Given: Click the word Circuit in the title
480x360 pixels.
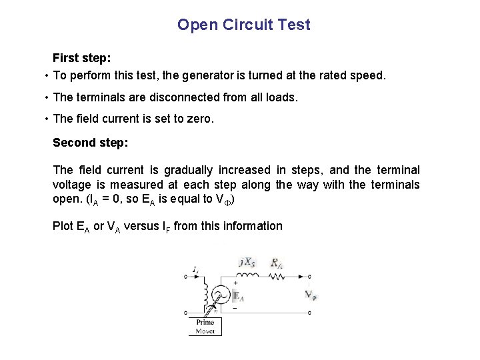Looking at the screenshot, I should pyautogui.click(x=244, y=25).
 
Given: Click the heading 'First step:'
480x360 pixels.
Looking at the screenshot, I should pyautogui.click(x=81, y=59).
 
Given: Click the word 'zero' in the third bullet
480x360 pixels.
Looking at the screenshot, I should pyautogui.click(x=199, y=119).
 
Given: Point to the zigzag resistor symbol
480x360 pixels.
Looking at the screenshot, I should pyautogui.click(x=275, y=275).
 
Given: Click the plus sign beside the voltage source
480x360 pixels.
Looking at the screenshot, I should pyautogui.click(x=235, y=283).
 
